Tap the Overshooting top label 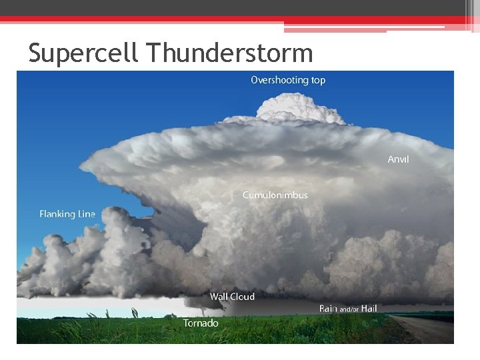click(288, 80)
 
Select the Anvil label click(398, 159)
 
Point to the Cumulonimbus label click(275, 195)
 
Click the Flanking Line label click(67, 214)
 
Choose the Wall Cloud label click(232, 297)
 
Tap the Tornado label click(201, 323)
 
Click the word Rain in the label click(328, 309)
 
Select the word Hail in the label click(369, 309)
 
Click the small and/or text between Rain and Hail click(349, 309)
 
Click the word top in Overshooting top click(317, 81)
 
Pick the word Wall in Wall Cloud click(219, 297)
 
